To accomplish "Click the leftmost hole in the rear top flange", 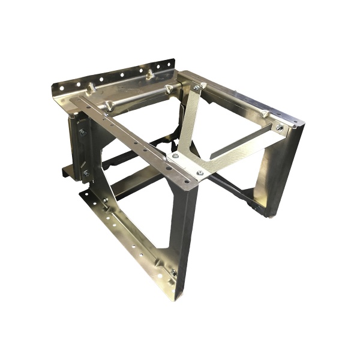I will coord(61,88).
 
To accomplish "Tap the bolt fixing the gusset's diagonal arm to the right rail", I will coord(278,127).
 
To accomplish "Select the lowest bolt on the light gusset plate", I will coord(200,173).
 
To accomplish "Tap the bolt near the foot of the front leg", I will coord(173,273).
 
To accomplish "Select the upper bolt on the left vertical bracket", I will coord(82,131).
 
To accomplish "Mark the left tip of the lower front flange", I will coord(80,194).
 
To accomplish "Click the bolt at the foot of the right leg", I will coord(257,207).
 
